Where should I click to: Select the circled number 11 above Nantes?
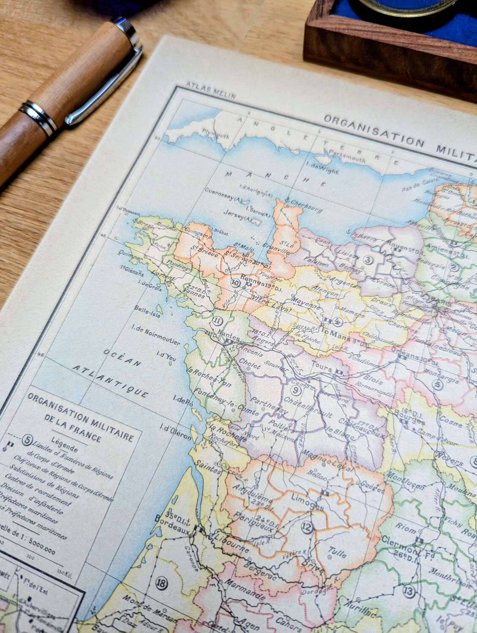point(217,321)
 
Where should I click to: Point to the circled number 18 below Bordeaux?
point(161,584)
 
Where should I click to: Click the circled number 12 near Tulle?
point(307,527)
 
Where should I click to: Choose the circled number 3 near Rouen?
point(368,260)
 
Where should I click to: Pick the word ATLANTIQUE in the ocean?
point(110,380)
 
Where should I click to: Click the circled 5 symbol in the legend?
point(28,440)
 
